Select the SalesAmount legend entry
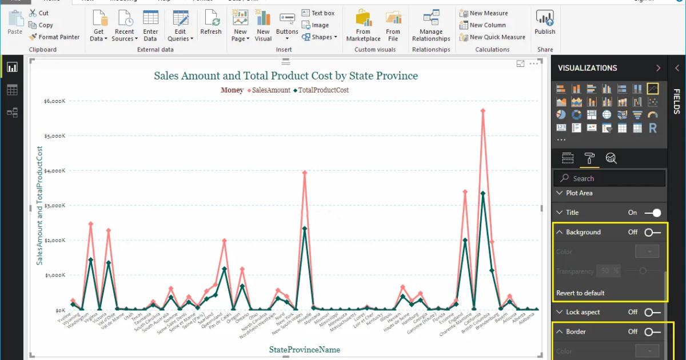(x=271, y=90)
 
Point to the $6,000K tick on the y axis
(x=55, y=101)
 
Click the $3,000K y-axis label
(x=55, y=205)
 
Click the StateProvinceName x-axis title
(x=304, y=349)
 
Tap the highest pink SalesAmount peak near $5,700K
(x=483, y=110)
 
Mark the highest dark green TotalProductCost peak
(x=483, y=194)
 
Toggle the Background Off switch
(x=652, y=233)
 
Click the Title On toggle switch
(x=652, y=213)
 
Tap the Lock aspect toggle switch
(x=652, y=313)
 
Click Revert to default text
(x=580, y=293)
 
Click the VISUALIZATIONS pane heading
(x=587, y=68)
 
